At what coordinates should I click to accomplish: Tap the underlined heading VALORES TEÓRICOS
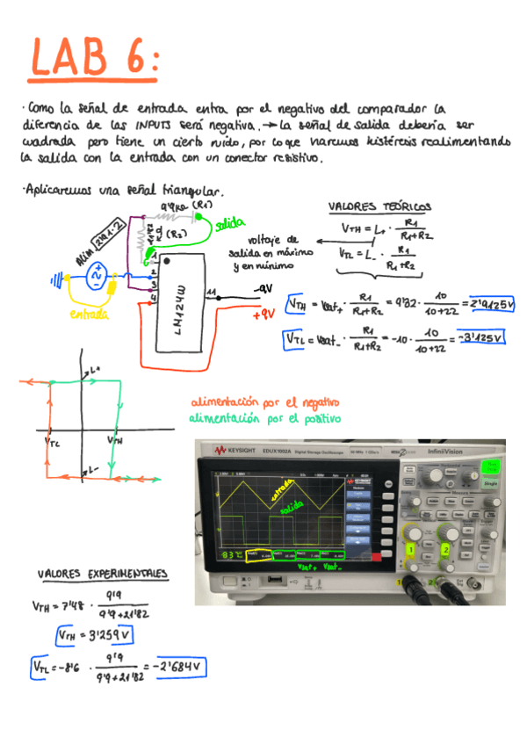[379, 208]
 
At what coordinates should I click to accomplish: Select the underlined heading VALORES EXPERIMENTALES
[102, 574]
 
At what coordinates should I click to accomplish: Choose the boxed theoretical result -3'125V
[478, 338]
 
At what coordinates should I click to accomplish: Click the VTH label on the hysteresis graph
[114, 438]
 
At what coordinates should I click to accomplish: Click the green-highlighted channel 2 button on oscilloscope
[446, 550]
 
